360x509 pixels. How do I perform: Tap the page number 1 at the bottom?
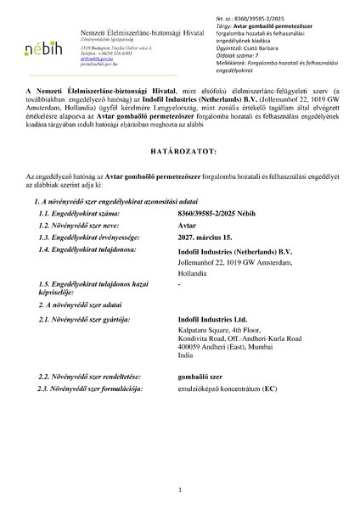(x=180, y=489)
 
